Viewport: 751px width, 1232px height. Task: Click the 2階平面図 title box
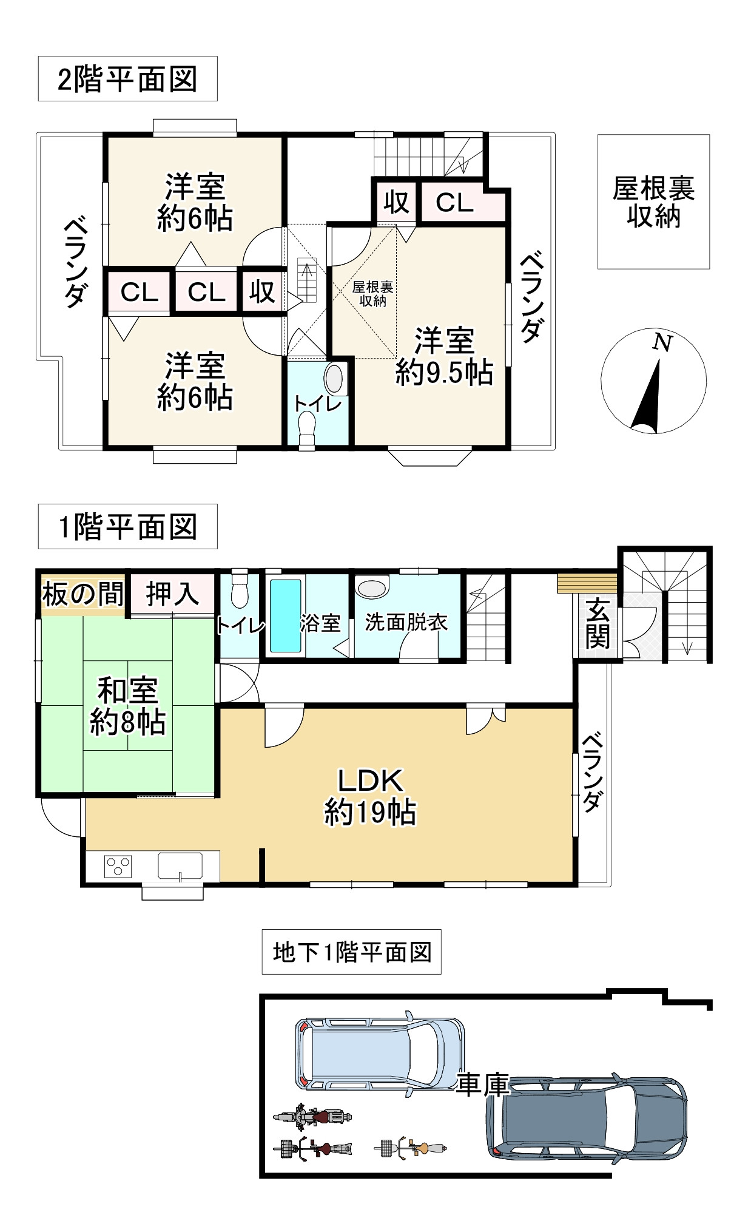point(127,79)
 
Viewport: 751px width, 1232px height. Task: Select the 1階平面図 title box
point(127,526)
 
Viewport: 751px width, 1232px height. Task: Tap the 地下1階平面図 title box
point(351,952)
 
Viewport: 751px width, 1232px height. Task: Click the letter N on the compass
point(662,344)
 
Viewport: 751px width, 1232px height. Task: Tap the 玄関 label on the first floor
point(598,623)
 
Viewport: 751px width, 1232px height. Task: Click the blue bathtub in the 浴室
point(285,616)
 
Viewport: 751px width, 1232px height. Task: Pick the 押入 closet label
point(173,593)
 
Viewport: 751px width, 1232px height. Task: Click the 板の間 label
point(83,594)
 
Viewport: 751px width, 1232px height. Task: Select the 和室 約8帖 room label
point(127,706)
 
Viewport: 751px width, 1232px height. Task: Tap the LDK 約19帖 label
point(370,796)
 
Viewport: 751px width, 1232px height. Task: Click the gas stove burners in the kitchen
point(118,865)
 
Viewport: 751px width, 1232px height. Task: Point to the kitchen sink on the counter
point(180,865)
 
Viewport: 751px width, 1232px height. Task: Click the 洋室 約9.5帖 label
point(444,357)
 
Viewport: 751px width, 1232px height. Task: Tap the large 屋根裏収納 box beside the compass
point(653,201)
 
